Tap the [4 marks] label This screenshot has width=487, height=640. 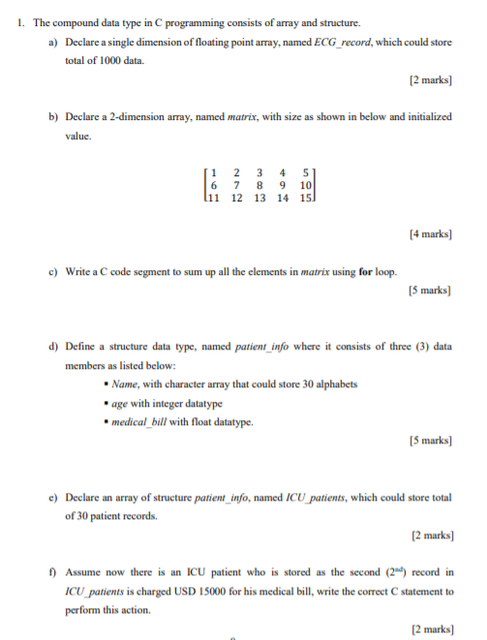point(431,232)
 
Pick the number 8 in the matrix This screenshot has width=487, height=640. point(259,185)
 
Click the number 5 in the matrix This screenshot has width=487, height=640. point(307,173)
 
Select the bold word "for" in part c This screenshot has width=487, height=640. point(367,272)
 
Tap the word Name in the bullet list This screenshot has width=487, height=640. point(126,384)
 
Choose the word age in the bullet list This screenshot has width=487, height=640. point(121,404)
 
